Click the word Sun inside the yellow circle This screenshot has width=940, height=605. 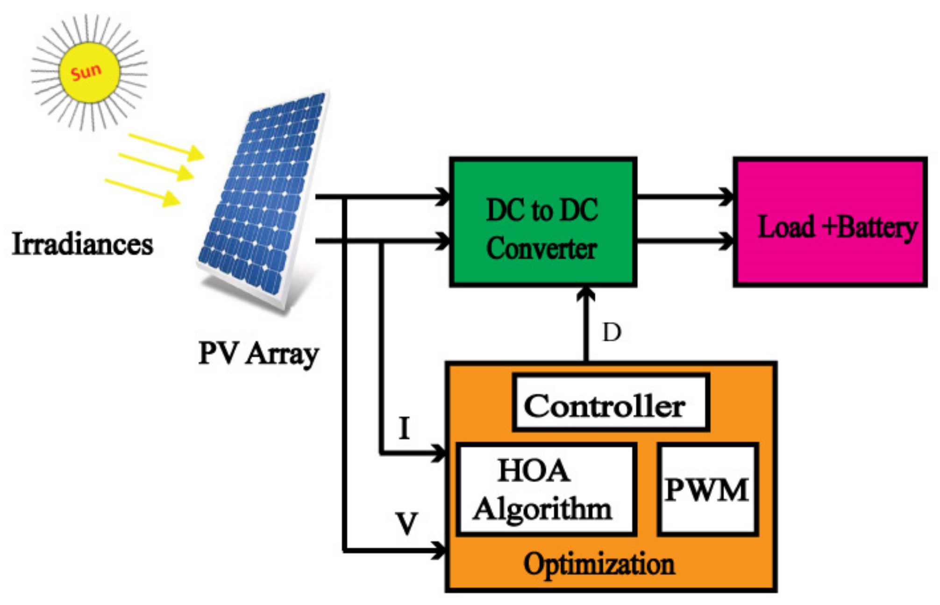86,72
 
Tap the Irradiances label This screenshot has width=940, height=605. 82,244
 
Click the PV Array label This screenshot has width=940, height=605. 258,354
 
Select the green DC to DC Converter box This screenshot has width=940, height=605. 542,222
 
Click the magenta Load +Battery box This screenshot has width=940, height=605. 830,222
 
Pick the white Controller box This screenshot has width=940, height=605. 610,403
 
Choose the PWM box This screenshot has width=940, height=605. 707,489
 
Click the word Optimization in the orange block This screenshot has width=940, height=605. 599,564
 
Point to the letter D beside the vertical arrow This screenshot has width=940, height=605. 612,333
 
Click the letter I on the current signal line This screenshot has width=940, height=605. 405,428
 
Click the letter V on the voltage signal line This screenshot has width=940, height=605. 406,524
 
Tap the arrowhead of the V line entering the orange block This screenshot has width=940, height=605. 439,550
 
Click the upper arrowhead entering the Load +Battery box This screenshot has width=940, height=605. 727,196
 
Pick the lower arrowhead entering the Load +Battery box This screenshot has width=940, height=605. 727,241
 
